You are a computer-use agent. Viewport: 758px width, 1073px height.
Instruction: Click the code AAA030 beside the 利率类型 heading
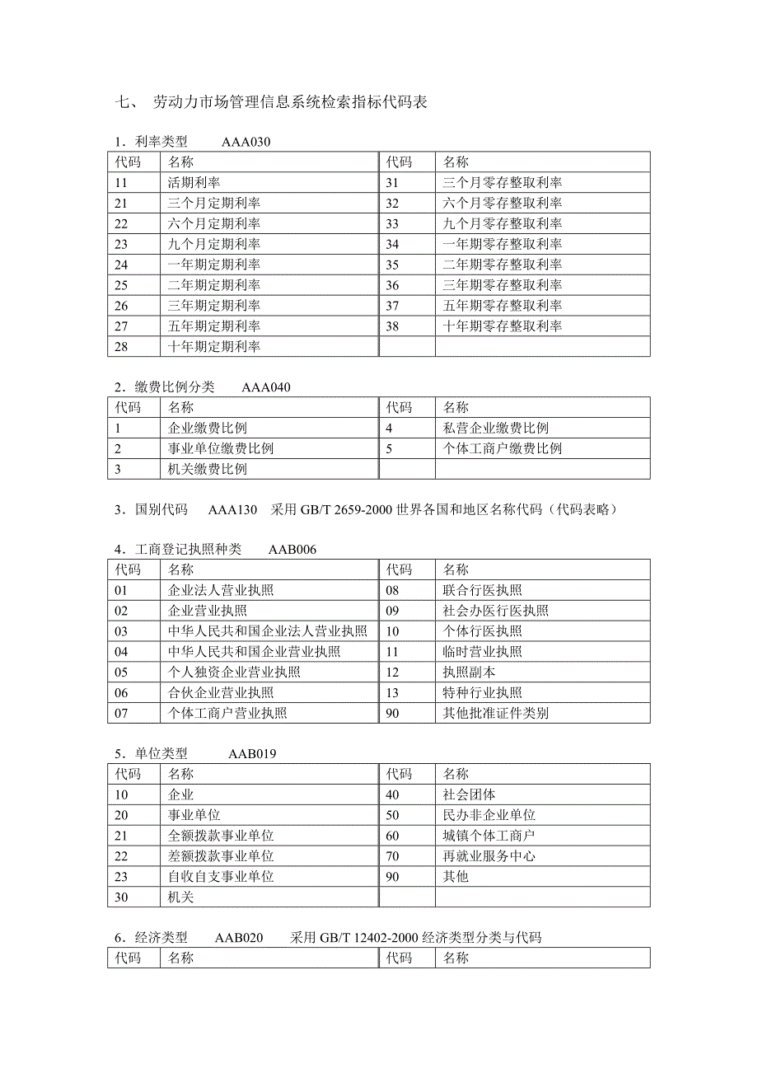(x=246, y=142)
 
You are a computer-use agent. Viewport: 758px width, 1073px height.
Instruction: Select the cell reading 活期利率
(x=194, y=182)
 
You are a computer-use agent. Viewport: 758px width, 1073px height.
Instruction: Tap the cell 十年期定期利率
(x=213, y=347)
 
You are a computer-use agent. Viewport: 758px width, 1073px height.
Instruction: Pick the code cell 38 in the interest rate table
(x=392, y=326)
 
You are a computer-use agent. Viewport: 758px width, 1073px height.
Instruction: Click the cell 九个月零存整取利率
(x=503, y=223)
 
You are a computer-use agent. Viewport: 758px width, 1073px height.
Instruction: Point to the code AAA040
(x=265, y=387)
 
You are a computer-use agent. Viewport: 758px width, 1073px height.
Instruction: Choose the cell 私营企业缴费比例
(x=495, y=429)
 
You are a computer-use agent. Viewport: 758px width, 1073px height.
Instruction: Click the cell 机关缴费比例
(x=207, y=470)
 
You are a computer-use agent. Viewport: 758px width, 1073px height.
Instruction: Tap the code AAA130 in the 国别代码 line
(x=232, y=509)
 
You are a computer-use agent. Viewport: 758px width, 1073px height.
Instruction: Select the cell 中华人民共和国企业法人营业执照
(x=267, y=631)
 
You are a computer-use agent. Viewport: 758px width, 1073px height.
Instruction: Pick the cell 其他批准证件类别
(x=495, y=713)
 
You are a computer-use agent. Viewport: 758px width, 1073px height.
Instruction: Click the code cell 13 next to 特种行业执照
(x=392, y=693)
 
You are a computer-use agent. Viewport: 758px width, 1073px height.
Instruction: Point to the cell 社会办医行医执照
(x=495, y=611)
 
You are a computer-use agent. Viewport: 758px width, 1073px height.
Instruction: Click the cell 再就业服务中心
(x=489, y=856)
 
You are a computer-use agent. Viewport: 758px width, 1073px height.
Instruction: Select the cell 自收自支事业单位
(x=221, y=877)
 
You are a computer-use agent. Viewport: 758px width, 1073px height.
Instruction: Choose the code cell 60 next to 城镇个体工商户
(x=392, y=836)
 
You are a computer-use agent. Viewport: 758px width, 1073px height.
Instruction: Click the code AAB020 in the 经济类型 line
(x=239, y=937)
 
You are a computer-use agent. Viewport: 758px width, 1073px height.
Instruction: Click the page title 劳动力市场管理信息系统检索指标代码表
(x=289, y=103)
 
